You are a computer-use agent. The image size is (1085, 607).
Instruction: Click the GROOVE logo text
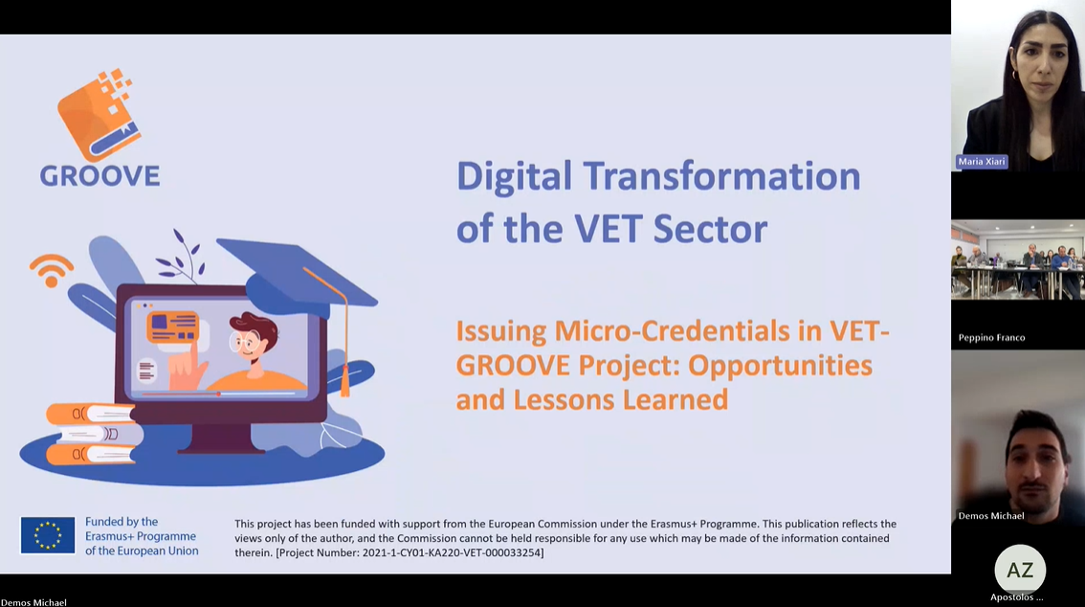(100, 176)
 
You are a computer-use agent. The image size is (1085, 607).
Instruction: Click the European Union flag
(48, 535)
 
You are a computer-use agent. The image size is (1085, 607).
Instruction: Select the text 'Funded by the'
(122, 522)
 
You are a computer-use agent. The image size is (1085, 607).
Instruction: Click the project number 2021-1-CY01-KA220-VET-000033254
(452, 553)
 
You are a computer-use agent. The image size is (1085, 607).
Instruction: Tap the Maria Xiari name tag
(982, 161)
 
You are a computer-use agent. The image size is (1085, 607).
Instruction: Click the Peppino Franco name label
(991, 338)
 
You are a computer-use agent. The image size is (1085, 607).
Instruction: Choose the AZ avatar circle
(1020, 570)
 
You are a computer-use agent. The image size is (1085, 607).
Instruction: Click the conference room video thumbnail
(1018, 259)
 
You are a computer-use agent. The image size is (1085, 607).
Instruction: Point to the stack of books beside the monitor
(94, 434)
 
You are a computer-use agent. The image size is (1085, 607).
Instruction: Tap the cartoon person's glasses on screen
(245, 342)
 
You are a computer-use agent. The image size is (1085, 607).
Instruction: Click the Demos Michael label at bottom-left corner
(33, 602)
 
